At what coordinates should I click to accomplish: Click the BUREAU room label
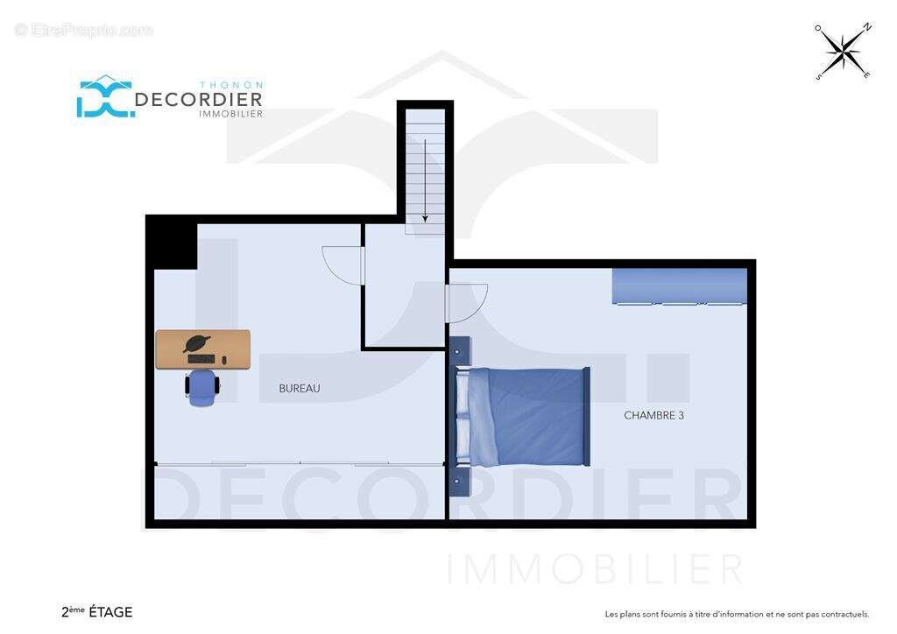pos(300,388)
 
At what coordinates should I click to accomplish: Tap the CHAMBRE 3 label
pos(653,416)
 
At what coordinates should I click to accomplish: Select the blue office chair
pos(202,388)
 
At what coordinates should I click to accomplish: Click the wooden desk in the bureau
pos(203,349)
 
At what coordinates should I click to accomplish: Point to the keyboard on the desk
pos(201,358)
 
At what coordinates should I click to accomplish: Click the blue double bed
pos(523,417)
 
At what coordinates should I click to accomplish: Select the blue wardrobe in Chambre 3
pos(680,285)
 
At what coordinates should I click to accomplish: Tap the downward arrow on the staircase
pos(425,180)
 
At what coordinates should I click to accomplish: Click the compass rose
pos(844,52)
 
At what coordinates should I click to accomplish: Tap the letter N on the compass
pos(867,27)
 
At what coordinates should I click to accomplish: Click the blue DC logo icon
pos(106,97)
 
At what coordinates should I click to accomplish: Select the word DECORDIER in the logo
pos(199,100)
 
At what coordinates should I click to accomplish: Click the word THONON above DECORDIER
pos(231,85)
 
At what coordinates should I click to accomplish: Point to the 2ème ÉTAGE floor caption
pos(96,612)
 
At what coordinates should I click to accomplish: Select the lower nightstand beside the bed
pos(458,482)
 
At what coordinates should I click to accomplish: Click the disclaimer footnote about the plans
pos(737,615)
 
